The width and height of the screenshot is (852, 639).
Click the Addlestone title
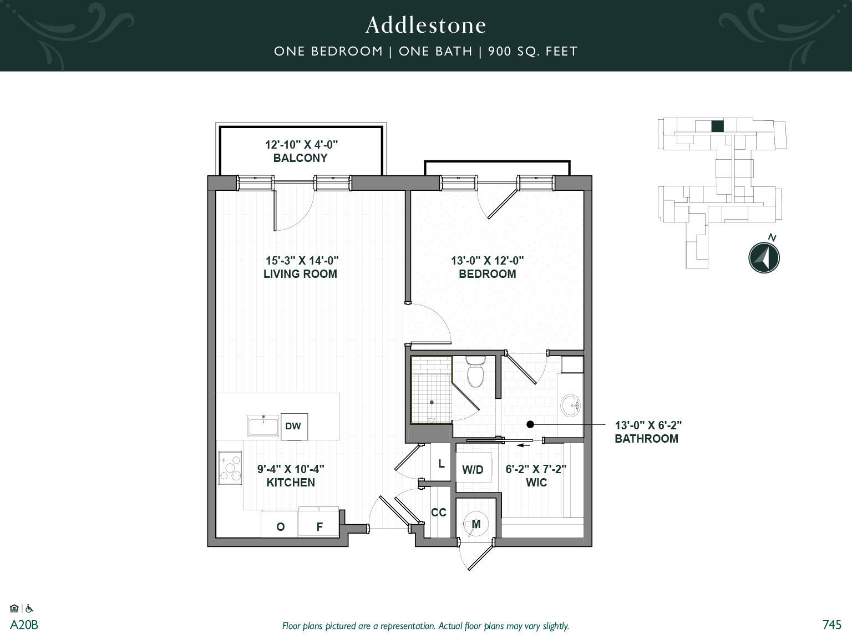[x=425, y=25]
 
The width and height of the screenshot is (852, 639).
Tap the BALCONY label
[x=300, y=158]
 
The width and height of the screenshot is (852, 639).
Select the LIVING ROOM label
[x=300, y=274]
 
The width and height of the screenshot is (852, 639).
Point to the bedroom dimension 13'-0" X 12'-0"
[x=487, y=260]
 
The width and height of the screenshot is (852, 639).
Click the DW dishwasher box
[x=293, y=426]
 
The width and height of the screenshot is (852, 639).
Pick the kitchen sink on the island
[x=263, y=426]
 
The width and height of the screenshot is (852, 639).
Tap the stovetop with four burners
[x=230, y=468]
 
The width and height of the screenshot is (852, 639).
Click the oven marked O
[x=280, y=527]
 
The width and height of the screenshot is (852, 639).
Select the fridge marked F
[x=319, y=527]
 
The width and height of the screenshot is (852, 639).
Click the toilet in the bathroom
[x=475, y=373]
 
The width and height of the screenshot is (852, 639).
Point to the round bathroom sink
[x=571, y=405]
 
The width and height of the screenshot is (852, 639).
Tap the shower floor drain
[x=432, y=402]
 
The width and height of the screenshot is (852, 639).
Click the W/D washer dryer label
[x=473, y=470]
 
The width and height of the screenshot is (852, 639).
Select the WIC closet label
[x=536, y=483]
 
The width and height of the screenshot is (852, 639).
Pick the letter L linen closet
[x=441, y=464]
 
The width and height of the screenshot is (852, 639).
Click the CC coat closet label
[x=438, y=513]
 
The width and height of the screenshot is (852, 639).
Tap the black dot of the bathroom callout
[x=530, y=424]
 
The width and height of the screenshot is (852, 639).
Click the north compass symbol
[x=764, y=257]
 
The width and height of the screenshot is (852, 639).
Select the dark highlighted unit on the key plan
[x=717, y=126]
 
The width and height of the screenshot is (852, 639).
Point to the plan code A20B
[x=24, y=625]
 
